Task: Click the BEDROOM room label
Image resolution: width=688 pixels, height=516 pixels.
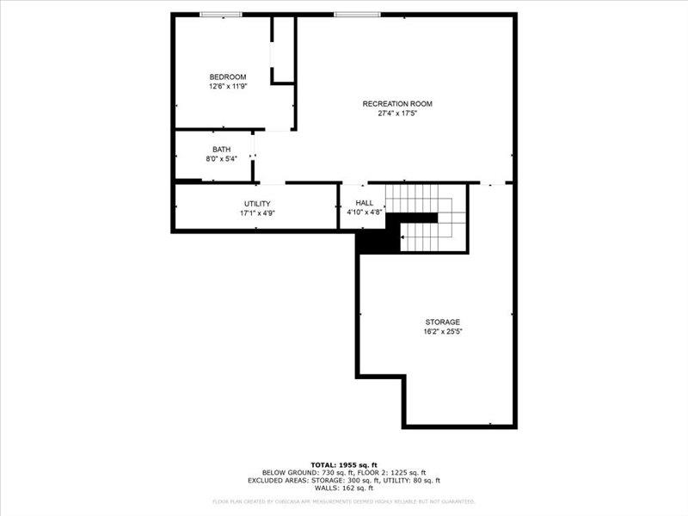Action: pyautogui.click(x=228, y=77)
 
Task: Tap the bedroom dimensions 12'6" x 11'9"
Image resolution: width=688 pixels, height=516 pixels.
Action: pyautogui.click(x=228, y=86)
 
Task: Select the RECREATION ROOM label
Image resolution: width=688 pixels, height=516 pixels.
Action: pyautogui.click(x=397, y=103)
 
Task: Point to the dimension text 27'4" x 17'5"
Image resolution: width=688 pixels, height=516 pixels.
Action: pyautogui.click(x=397, y=113)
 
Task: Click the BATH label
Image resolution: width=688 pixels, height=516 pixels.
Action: pyautogui.click(x=222, y=150)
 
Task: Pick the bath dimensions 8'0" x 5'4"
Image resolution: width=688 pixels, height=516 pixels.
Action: pyautogui.click(x=222, y=159)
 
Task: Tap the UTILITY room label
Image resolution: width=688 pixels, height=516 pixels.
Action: pyautogui.click(x=257, y=204)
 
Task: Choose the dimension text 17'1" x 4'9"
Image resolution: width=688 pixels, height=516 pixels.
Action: pyautogui.click(x=257, y=213)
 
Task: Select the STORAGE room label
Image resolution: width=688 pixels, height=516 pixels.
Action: pyautogui.click(x=442, y=322)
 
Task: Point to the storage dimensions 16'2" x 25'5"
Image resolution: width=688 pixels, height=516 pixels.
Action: pyautogui.click(x=442, y=331)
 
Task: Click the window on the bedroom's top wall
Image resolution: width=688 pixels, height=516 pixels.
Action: pyautogui.click(x=221, y=14)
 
